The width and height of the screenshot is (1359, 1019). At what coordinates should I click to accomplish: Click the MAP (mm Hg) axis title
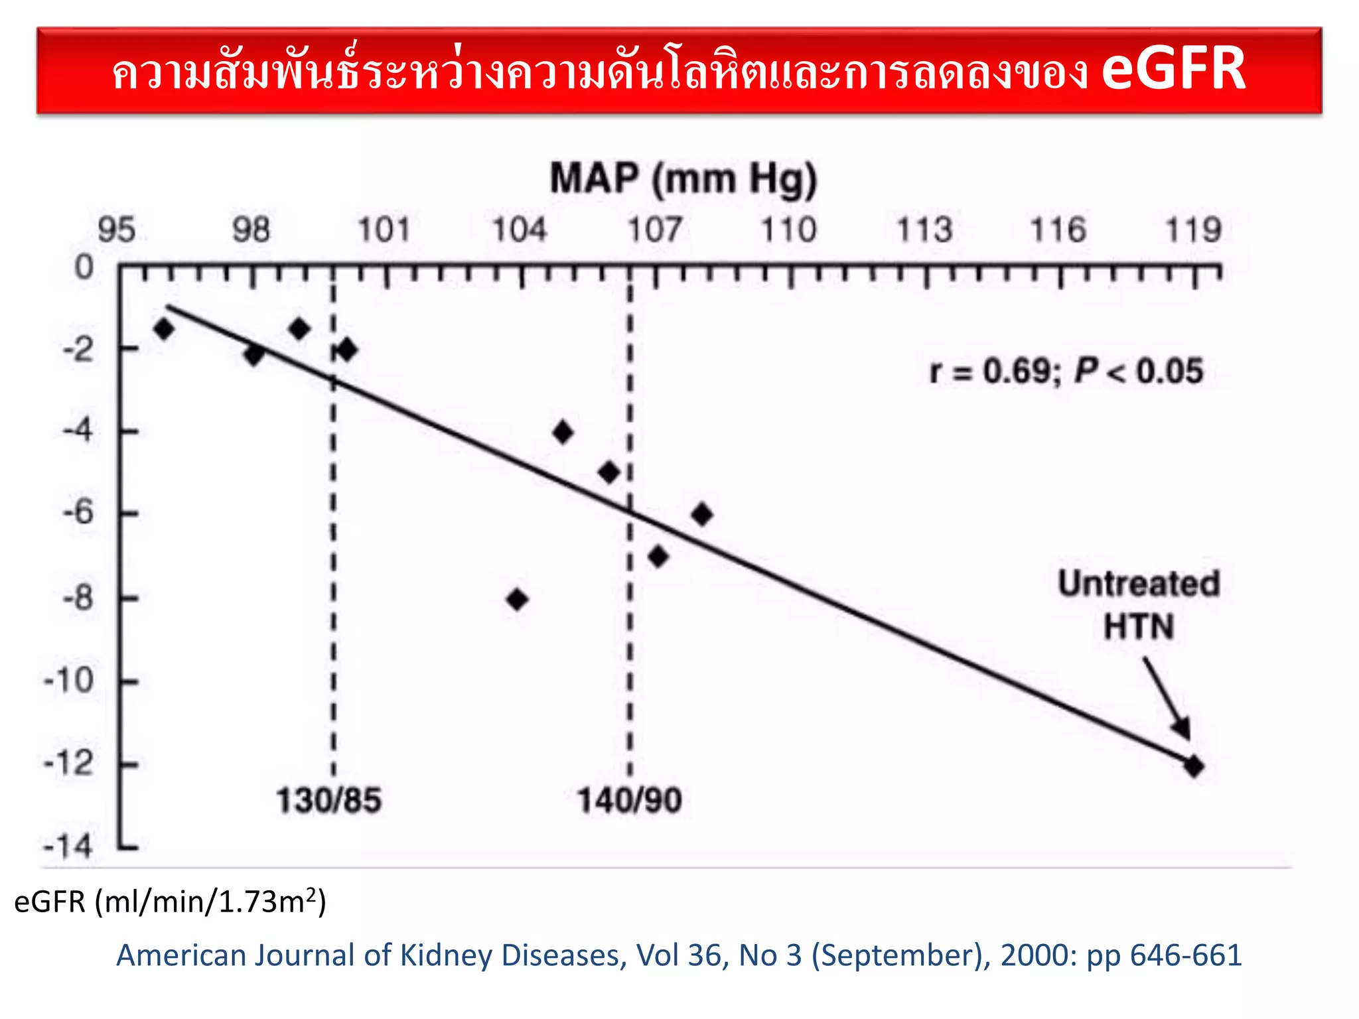coord(683,179)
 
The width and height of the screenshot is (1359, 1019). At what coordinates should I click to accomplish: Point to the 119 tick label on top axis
coord(1193,230)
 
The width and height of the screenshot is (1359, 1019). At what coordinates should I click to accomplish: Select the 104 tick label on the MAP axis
coord(519,230)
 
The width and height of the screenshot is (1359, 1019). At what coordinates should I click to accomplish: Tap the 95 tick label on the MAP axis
coord(117,230)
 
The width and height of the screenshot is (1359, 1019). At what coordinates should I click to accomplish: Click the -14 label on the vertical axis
coord(68,847)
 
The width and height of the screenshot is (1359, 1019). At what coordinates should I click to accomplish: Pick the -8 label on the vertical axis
coord(78,598)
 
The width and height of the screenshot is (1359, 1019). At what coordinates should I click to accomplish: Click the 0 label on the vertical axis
coord(84,267)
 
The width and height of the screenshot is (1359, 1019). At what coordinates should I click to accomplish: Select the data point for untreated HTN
coord(1194,766)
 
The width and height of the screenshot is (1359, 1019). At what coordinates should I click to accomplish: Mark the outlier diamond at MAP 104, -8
coord(518,600)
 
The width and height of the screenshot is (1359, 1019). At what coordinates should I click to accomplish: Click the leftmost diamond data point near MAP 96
coord(163,328)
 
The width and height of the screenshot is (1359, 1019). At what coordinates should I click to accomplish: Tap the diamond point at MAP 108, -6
coord(702,514)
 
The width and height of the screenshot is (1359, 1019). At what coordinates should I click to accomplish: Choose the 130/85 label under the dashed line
coord(328,800)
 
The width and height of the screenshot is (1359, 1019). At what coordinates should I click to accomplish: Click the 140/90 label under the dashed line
coord(629,800)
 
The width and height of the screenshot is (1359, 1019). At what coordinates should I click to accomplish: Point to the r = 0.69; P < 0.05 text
coord(1066,370)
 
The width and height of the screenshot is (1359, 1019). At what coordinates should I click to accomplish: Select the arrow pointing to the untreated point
coord(1167,697)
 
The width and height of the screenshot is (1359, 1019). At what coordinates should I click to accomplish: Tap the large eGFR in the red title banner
coord(1173,69)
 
